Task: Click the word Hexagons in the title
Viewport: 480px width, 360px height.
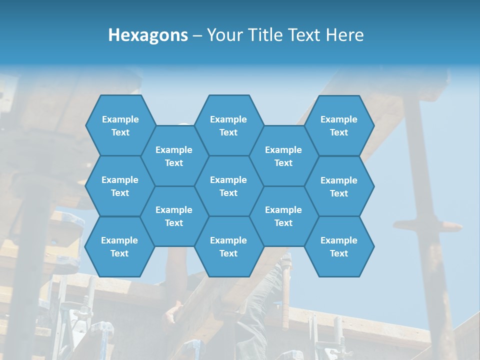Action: coord(148,35)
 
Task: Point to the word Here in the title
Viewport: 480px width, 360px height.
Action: coord(345,35)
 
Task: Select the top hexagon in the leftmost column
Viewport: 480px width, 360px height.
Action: coord(120,125)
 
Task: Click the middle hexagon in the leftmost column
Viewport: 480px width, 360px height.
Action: coord(120,186)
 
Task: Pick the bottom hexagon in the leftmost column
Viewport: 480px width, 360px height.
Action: coord(119,246)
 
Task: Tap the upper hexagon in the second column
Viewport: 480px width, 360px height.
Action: coord(174,156)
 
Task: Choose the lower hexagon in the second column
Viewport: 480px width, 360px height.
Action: coord(174,216)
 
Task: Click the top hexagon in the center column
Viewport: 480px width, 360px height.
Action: coord(228,125)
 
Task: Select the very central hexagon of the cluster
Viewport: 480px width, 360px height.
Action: coord(228,186)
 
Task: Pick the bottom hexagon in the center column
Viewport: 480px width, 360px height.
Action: coord(228,246)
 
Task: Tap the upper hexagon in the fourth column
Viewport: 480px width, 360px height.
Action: coord(283,156)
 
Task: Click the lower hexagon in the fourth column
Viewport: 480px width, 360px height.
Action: coord(283,216)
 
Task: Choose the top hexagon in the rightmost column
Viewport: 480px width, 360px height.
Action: coord(339,125)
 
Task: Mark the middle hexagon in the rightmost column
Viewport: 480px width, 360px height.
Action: coord(339,186)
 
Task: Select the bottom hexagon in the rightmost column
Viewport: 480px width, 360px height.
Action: coord(339,246)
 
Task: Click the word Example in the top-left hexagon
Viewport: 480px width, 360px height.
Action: coord(120,119)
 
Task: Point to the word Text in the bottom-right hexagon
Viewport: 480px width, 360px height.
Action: coord(339,253)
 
